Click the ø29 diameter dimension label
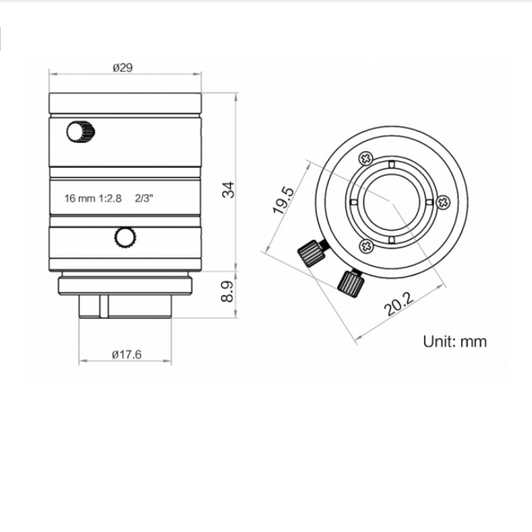[x=123, y=67]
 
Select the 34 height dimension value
[x=228, y=189]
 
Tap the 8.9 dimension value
[x=227, y=291]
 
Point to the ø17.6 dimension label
[x=126, y=355]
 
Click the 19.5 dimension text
[x=283, y=200]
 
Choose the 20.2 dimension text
[x=399, y=304]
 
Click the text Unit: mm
[x=455, y=341]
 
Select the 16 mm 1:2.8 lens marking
[x=93, y=198]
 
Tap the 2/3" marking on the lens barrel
[x=144, y=198]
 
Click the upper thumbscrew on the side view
[x=80, y=132]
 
